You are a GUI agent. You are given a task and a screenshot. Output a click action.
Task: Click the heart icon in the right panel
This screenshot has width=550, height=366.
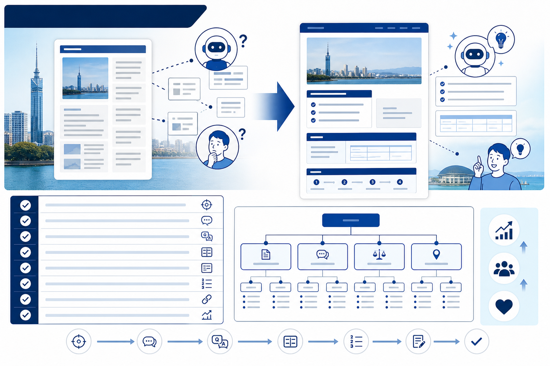pos(504,306)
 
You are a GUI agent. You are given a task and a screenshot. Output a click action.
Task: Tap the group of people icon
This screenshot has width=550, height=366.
pos(504,268)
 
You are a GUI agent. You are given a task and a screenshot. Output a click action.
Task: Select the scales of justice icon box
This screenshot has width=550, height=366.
pos(379,257)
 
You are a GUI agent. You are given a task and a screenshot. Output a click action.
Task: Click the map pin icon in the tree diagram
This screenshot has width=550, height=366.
pos(436,254)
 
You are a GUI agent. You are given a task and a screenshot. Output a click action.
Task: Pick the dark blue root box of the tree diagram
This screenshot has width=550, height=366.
pos(351,220)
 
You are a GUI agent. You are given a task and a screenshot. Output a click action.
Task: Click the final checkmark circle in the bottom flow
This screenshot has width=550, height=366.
pos(477,341)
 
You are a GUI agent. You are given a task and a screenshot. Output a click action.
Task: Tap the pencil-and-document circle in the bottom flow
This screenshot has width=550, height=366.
pos(418,341)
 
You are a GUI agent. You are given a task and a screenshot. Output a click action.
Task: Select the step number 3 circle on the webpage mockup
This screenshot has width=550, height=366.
pos(372,182)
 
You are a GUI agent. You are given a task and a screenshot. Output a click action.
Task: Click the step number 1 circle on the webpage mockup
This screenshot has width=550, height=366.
pos(316,182)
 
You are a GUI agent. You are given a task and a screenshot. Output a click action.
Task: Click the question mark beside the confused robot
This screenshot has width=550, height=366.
pos(243,41)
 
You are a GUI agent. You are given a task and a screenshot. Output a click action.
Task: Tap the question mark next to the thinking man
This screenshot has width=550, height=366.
pos(242,134)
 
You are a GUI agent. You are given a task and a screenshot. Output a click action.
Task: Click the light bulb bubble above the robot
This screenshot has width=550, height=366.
pos(501,39)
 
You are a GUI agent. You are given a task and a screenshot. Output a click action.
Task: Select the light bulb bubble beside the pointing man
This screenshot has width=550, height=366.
pos(520,149)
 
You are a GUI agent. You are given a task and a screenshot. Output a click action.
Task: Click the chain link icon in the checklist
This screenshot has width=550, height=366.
pos(207,299)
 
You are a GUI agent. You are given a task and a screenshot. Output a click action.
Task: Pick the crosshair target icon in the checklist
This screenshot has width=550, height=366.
pos(207,205)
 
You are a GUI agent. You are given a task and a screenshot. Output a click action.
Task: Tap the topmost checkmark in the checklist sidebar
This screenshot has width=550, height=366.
pos(25,205)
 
